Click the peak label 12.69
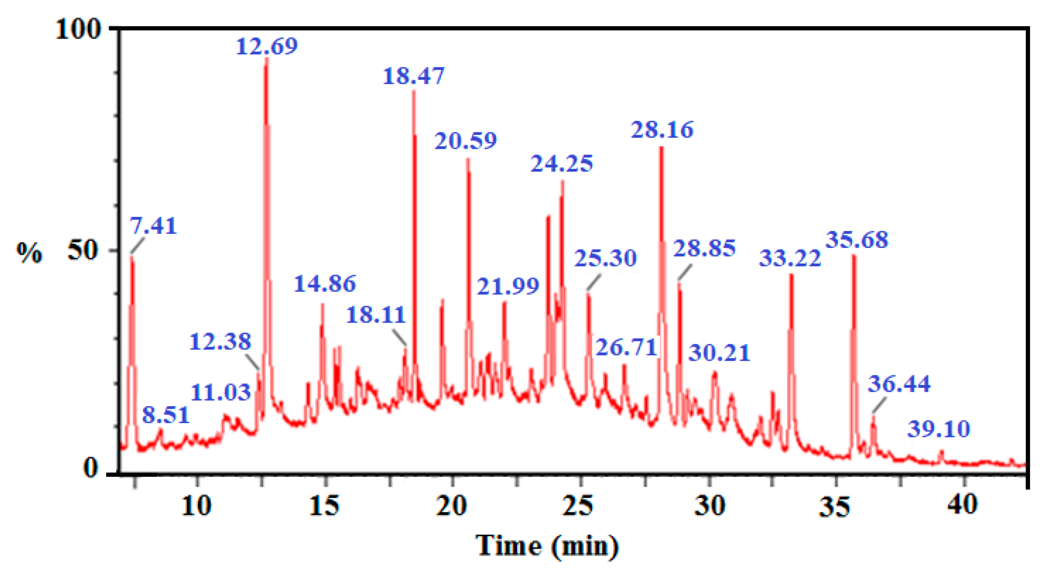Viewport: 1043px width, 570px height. (x=267, y=46)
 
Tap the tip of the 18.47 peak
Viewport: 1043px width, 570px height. (x=413, y=91)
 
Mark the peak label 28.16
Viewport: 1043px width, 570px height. (x=662, y=130)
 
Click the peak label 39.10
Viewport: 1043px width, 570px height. (x=938, y=429)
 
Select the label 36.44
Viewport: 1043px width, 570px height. (x=899, y=384)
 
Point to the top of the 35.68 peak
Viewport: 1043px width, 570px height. (x=854, y=255)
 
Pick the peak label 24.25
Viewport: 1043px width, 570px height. (x=562, y=164)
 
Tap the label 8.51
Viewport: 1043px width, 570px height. (x=166, y=415)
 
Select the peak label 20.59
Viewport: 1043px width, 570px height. (x=466, y=141)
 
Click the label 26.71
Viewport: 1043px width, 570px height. (x=626, y=347)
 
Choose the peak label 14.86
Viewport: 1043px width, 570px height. (x=325, y=283)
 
